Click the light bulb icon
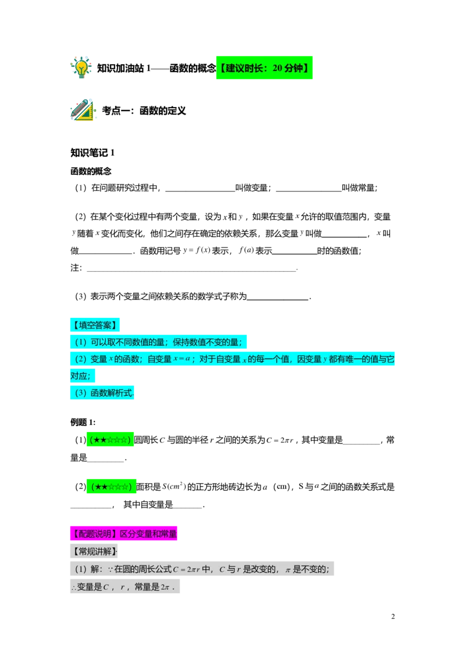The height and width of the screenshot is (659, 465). coord(81,68)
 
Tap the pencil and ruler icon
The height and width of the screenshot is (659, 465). coord(83,110)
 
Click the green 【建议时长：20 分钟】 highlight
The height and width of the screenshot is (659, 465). coord(264,68)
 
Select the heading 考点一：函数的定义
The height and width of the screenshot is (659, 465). coord(144,111)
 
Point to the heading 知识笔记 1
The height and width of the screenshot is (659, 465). coord(92,153)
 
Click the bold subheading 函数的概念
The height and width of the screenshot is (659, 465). coord(91,171)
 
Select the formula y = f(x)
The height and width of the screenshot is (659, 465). coord(196,250)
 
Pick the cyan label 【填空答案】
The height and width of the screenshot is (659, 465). coord(95,325)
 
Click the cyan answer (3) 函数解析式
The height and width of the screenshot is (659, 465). coord(102,392)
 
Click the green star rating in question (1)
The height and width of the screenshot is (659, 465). coord(110,440)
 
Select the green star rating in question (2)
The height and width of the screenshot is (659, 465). coord(111,487)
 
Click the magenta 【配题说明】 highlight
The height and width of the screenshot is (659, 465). coord(123,534)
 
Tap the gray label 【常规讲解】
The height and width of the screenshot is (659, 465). coord(94,551)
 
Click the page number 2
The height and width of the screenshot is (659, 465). coord(393,617)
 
